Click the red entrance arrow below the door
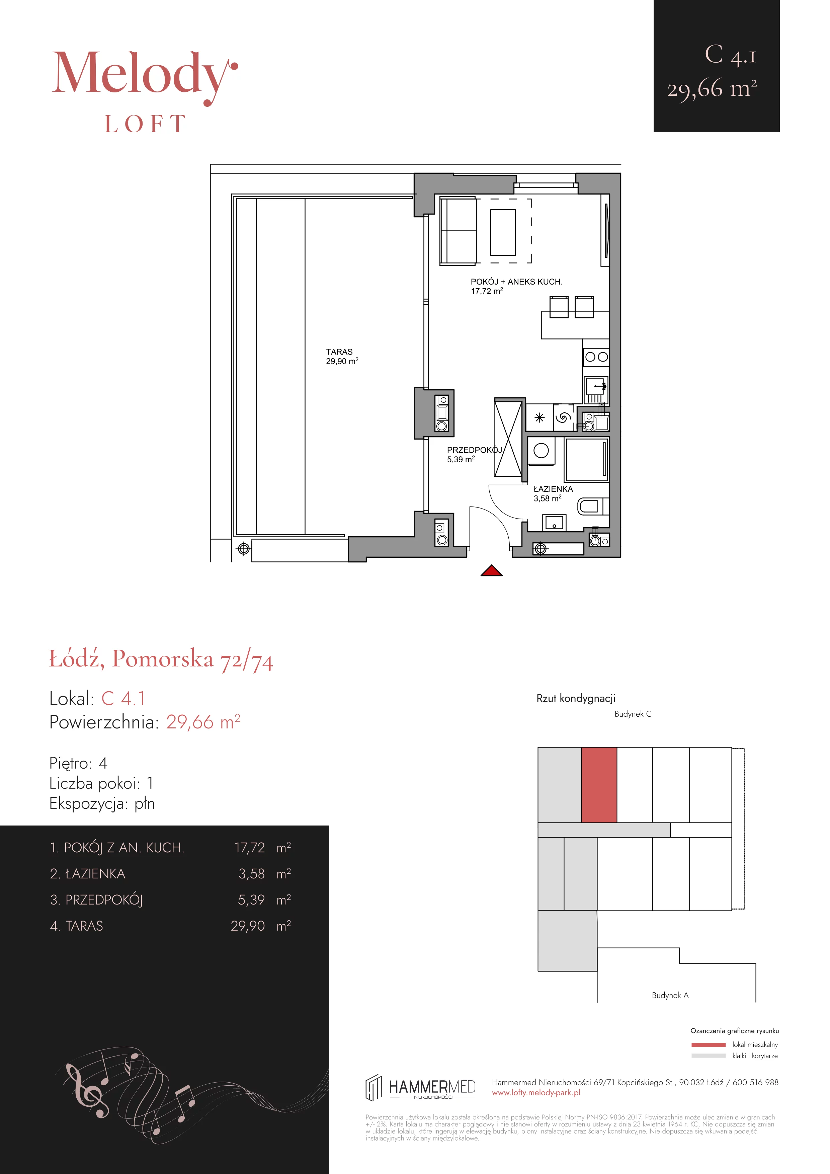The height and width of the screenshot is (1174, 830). [x=492, y=571]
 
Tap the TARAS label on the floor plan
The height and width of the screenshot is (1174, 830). [x=339, y=352]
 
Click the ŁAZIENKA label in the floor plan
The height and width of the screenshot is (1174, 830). [x=553, y=489]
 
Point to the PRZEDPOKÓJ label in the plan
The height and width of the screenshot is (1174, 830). [x=474, y=450]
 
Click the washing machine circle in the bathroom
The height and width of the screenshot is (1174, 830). [x=541, y=451]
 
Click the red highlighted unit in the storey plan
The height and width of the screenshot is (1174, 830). [x=599, y=785]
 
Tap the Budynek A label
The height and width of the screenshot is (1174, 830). [x=670, y=995]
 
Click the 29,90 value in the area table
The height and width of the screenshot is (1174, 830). [x=248, y=926]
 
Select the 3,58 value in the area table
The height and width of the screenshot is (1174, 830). [x=251, y=874]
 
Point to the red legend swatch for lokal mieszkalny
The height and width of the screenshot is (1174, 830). [x=709, y=1045]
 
